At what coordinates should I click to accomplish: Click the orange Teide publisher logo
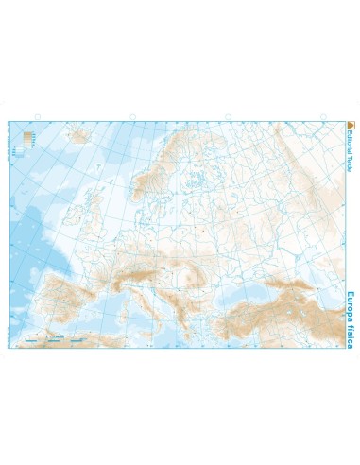coord(351,128)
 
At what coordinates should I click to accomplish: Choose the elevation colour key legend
coord(28,139)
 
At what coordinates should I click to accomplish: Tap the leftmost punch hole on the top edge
coord(36,118)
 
